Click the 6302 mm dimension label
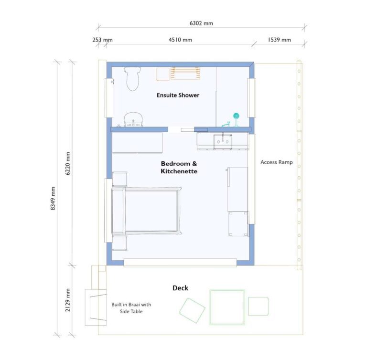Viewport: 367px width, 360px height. click(201, 23)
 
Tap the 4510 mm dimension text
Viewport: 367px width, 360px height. click(181, 40)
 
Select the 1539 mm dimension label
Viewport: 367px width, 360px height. click(279, 40)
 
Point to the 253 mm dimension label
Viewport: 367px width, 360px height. click(102, 40)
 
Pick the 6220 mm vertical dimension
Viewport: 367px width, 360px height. click(68, 163)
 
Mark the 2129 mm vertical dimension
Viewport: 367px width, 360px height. click(68, 299)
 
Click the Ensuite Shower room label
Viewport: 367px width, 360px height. click(178, 95)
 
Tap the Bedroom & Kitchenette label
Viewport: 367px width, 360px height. click(179, 167)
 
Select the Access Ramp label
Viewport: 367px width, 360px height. click(276, 162)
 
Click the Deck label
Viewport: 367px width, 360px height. click(180, 288)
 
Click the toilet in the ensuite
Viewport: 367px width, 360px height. click(133, 78)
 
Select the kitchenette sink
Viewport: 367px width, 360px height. click(223, 140)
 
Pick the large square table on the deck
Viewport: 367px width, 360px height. click(227, 307)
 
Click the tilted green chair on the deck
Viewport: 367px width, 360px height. click(192, 311)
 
